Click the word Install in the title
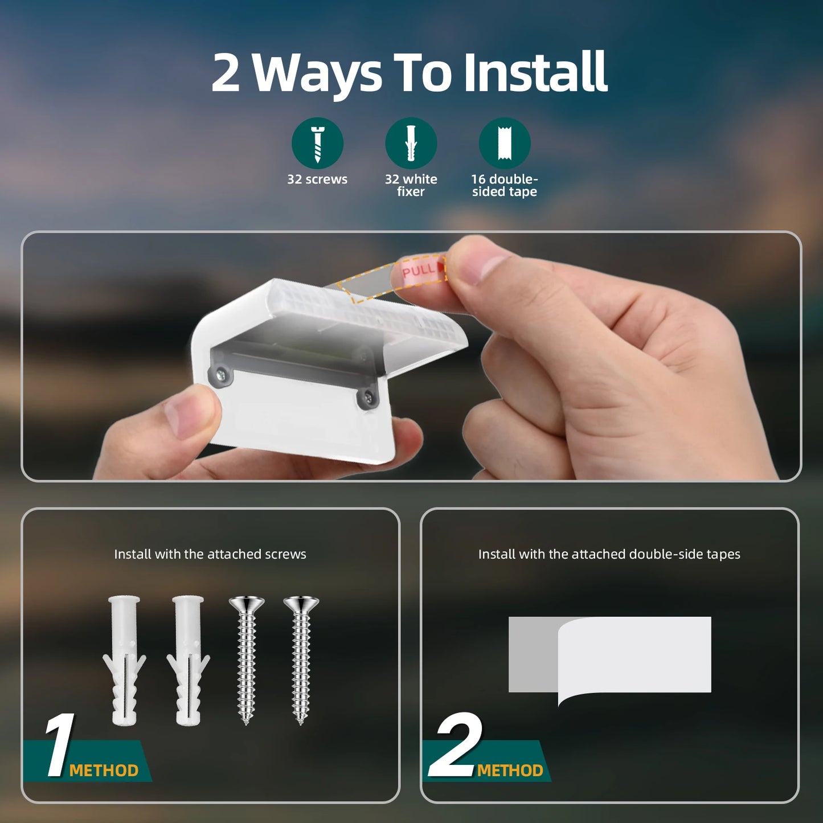pyautogui.click(x=535, y=72)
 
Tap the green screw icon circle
pyautogui.click(x=317, y=143)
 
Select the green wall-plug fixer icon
pyautogui.click(x=411, y=143)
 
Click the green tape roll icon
pyautogui.click(x=504, y=143)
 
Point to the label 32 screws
pyautogui.click(x=317, y=179)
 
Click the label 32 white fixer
pyautogui.click(x=411, y=185)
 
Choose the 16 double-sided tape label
pyautogui.click(x=504, y=185)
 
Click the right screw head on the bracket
pyautogui.click(x=368, y=399)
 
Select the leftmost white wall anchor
pyautogui.click(x=124, y=661)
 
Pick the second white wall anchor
pyautogui.click(x=188, y=661)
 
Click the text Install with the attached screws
pyautogui.click(x=210, y=554)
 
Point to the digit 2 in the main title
pyautogui.click(x=226, y=73)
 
